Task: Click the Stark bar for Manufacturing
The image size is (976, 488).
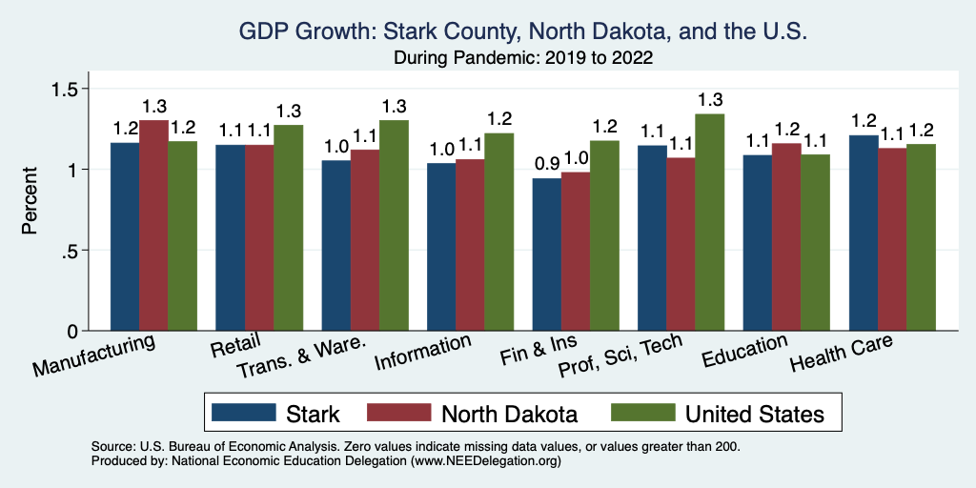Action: [125, 237]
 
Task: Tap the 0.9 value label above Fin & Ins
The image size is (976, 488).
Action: [546, 164]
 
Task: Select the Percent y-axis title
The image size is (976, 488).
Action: [30, 201]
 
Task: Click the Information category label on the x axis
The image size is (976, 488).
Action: [423, 353]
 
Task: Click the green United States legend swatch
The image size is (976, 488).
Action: [642, 413]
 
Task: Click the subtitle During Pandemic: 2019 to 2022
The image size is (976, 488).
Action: [523, 58]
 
